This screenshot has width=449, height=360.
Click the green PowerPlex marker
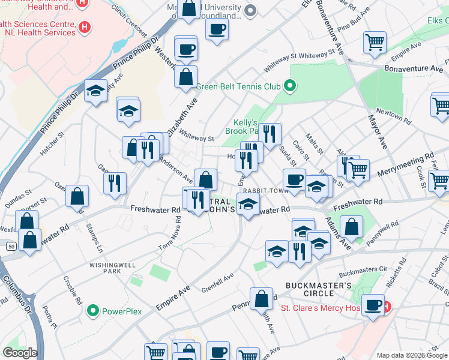[92, 311]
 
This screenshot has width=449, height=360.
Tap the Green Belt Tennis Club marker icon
[290, 86]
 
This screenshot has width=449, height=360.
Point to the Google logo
[20, 353]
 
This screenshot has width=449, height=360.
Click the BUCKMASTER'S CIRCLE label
[318, 289]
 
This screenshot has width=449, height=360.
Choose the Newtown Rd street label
[393, 116]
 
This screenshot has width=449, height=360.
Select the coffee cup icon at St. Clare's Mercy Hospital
[373, 304]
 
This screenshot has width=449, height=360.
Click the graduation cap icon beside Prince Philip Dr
[95, 91]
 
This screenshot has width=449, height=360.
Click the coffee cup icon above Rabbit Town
[294, 179]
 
